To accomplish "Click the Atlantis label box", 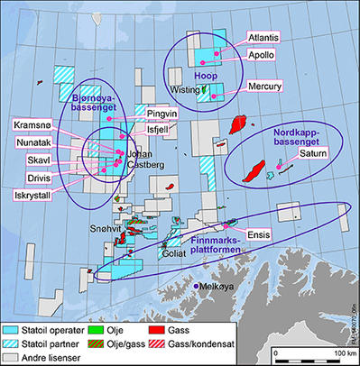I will click(262, 37).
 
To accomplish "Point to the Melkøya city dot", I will click(198, 286).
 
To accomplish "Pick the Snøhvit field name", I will click(116, 229).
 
